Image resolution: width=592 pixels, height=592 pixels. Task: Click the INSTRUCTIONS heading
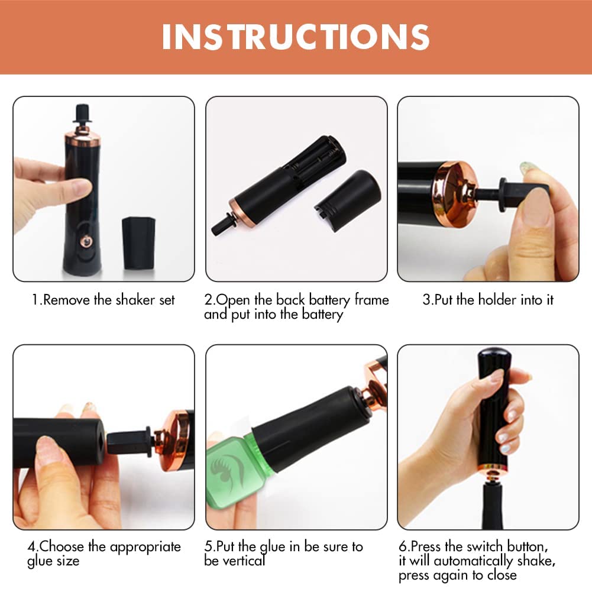296,37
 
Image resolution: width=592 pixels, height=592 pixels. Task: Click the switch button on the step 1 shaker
86,241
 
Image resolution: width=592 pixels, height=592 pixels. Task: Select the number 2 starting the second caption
208,300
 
